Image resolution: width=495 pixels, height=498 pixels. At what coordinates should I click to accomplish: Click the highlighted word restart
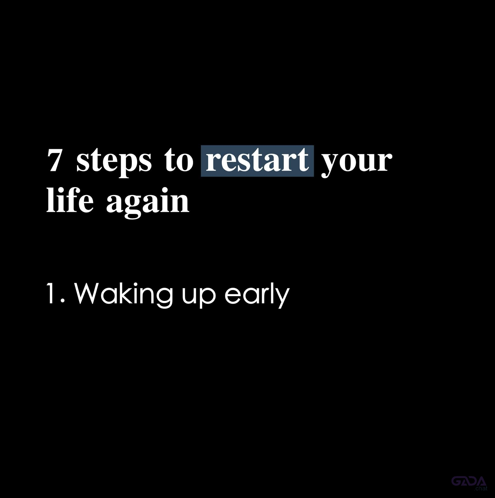[x=257, y=161]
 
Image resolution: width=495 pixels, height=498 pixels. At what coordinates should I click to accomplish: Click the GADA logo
[x=469, y=481]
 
